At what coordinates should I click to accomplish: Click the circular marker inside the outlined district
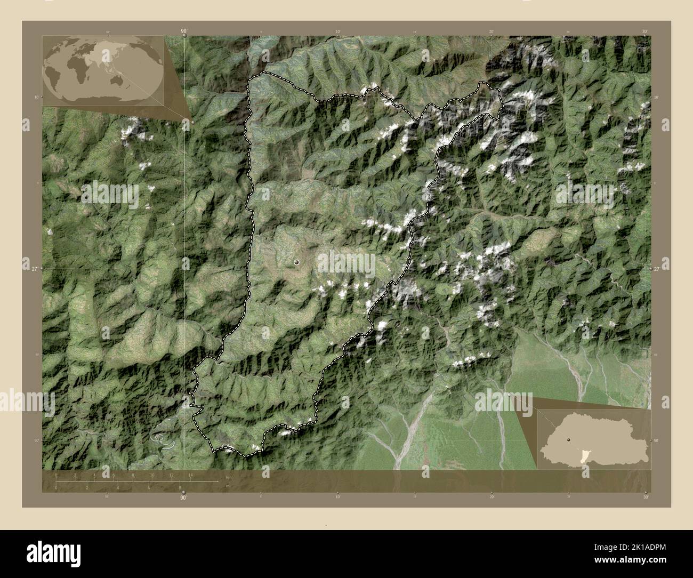click(x=296, y=262)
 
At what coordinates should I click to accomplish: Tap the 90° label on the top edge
click(x=184, y=31)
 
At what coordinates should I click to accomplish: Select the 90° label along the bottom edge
click(x=183, y=498)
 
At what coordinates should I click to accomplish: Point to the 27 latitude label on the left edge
click(x=27, y=269)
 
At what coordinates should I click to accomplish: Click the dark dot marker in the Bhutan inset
click(x=570, y=439)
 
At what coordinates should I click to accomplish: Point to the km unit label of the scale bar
click(x=229, y=477)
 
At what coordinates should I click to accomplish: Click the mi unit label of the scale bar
click(x=228, y=486)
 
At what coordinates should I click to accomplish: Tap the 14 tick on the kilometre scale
click(x=190, y=475)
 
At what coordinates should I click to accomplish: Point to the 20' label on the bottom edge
click(x=491, y=497)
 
